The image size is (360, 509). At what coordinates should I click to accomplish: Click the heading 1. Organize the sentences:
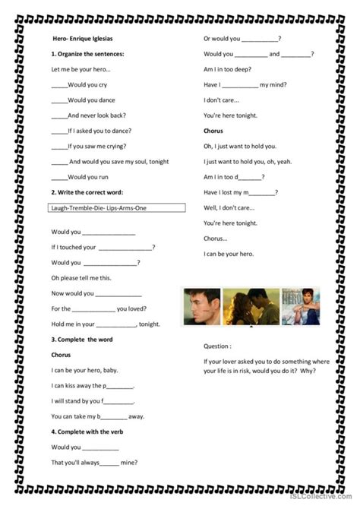[87, 54]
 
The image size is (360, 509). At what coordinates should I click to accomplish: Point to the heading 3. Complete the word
[82, 339]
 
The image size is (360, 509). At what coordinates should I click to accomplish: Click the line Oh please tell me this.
[81, 277]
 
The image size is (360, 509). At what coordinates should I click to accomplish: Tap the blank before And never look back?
[59, 115]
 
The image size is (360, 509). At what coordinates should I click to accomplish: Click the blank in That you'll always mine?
[109, 463]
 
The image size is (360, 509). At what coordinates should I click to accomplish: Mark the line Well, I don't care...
[230, 207]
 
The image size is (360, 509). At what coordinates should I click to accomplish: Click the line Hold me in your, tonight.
[106, 324]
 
